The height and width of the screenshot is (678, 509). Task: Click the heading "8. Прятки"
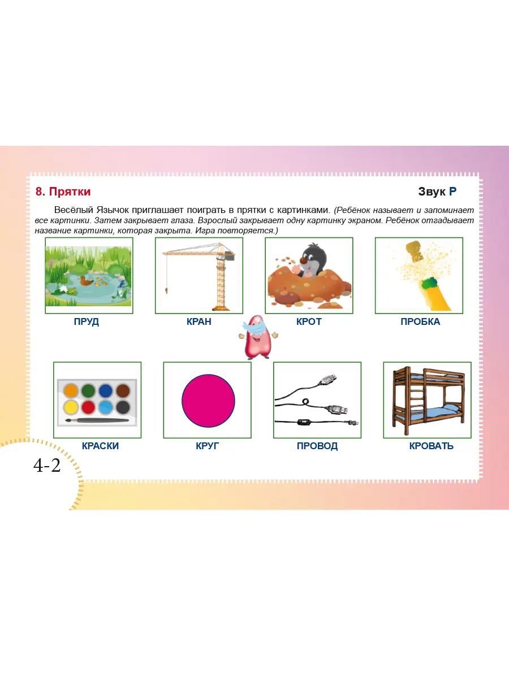coord(63,192)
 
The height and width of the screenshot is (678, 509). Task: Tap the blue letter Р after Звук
coord(452,192)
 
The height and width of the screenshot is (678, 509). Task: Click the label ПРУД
coord(86,321)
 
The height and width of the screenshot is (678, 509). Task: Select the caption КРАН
coord(199,321)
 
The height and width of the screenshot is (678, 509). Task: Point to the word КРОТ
coord(309,321)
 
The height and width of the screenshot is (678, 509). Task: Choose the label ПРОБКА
coord(420,321)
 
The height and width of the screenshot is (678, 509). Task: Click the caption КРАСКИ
coord(100,446)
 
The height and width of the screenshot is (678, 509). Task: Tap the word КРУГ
coord(207,446)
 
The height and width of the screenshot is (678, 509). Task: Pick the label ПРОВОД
coord(317,446)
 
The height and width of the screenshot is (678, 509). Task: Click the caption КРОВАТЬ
coord(431,446)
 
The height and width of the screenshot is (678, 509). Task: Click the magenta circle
coord(208,401)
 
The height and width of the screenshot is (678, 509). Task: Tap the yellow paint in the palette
coord(71,407)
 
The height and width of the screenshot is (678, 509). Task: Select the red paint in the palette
coord(88,407)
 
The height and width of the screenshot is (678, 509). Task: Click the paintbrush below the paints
coord(97,420)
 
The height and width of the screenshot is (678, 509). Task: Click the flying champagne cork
coord(416,251)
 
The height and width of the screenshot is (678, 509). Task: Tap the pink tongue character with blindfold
coord(258,337)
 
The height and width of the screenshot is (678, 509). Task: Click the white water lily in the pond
coord(63,289)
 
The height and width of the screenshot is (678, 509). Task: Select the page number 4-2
coord(47,465)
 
